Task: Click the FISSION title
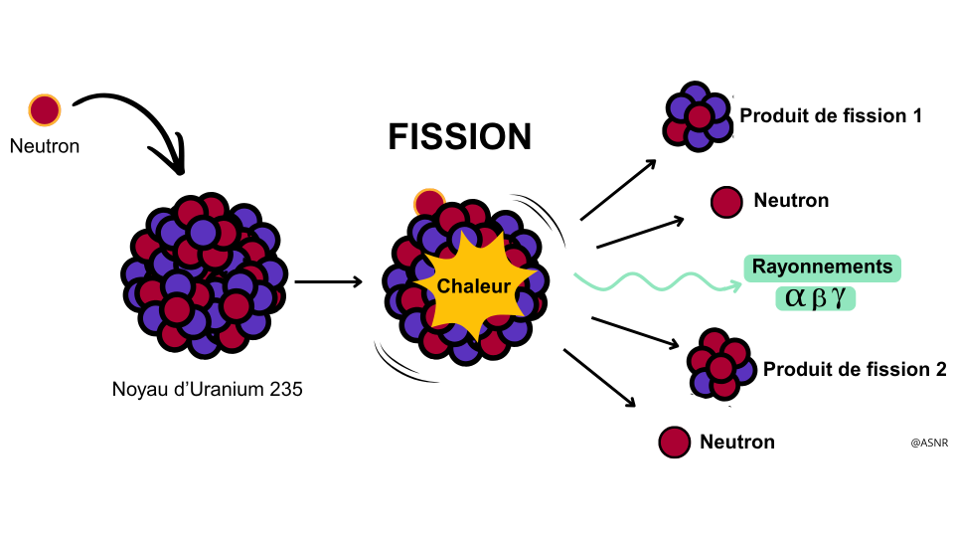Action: pos(460,136)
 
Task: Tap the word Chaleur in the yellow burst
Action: pos(474,285)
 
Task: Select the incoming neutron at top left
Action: pos(45,110)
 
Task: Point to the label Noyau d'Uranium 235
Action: pos(207,389)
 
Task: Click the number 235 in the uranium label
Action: pos(286,389)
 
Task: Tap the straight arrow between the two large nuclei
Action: pos(329,281)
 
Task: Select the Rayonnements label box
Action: pos(823,268)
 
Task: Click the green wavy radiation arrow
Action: pos(657,281)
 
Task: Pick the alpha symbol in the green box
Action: pos(795,297)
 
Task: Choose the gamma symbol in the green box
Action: pos(839,297)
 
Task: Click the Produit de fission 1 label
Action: pos(831,115)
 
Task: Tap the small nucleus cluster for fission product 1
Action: pos(698,116)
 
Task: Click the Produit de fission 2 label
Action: pos(855,369)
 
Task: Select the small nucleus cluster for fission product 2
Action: pos(721,365)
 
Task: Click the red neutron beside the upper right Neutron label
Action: pos(726,202)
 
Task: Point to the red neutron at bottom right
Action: pos(674,442)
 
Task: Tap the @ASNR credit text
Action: pos(929,443)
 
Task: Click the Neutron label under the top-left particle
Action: pos(45,146)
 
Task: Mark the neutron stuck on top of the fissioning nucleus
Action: pos(429,203)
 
